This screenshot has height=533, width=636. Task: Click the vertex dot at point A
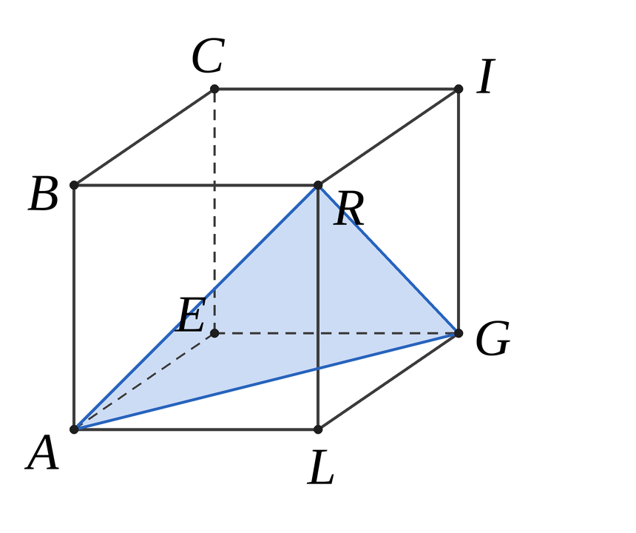[74, 429]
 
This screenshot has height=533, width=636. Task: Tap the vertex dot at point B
[74, 185]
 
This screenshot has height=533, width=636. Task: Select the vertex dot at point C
[214, 89]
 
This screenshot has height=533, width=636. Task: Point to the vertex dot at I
[459, 89]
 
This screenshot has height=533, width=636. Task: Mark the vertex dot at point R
[318, 185]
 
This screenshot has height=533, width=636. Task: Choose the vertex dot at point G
[459, 333]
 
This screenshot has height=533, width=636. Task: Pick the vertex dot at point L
[318, 429]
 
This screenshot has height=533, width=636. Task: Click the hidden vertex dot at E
[214, 333]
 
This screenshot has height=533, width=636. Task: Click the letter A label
[42, 452]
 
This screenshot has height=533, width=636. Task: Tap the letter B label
[44, 194]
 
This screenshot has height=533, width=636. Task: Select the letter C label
[208, 56]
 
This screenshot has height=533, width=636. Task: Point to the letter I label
[486, 76]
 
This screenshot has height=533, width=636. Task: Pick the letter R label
[349, 209]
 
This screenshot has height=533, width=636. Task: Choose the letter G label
[493, 338]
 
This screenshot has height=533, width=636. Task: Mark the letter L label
[320, 467]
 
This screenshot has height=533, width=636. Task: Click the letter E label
[191, 315]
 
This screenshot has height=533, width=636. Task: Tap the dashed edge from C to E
[214, 211]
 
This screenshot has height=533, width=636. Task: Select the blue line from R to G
[388, 259]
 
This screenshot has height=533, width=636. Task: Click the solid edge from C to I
[336, 89]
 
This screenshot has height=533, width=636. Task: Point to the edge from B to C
[144, 137]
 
